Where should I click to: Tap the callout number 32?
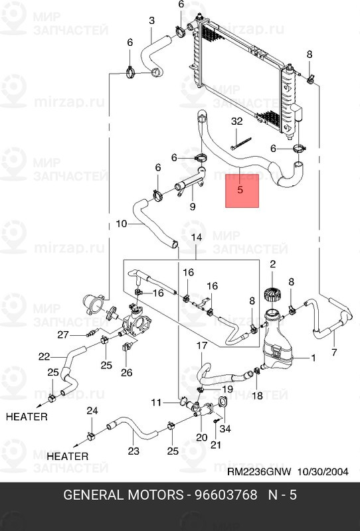pyautogui.click(x=237, y=121)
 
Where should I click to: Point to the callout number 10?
pyautogui.click(x=121, y=224)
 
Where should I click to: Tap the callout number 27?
pyautogui.click(x=62, y=334)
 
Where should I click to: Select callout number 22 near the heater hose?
pyautogui.click(x=44, y=356)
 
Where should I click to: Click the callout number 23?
pyautogui.click(x=134, y=451)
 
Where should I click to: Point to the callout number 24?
pyautogui.click(x=92, y=411)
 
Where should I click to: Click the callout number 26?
pyautogui.click(x=127, y=372)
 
